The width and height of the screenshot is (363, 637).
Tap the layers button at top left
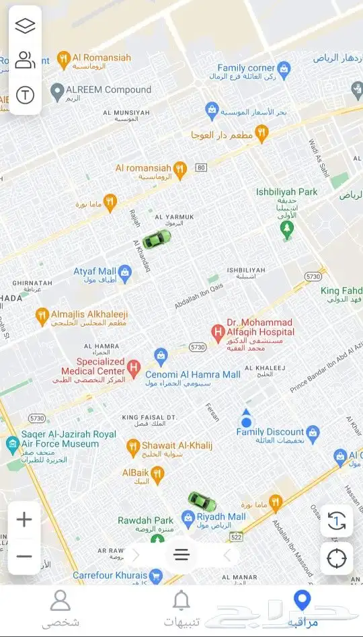click(25, 26)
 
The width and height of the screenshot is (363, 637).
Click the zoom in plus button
click(24, 519)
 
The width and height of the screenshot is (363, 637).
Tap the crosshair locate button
click(336, 558)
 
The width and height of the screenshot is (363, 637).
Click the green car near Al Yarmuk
click(157, 238)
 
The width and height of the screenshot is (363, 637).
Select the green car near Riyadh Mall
click(201, 500)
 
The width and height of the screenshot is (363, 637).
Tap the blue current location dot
click(246, 422)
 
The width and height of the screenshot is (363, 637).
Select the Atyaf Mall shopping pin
click(124, 272)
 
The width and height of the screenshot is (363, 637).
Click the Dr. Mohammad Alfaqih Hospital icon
click(217, 332)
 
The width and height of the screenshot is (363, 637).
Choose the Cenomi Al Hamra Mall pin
click(160, 354)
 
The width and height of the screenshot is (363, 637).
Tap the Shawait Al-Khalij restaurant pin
click(133, 445)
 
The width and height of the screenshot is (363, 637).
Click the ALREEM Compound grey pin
click(57, 90)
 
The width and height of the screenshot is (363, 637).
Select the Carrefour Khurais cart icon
click(156, 576)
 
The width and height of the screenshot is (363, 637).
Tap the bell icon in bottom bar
click(181, 600)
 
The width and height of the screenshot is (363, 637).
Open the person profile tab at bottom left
click(61, 600)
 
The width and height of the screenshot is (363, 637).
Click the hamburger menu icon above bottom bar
click(182, 555)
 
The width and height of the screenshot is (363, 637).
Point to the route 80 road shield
click(200, 167)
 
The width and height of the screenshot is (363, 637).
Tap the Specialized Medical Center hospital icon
click(134, 367)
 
